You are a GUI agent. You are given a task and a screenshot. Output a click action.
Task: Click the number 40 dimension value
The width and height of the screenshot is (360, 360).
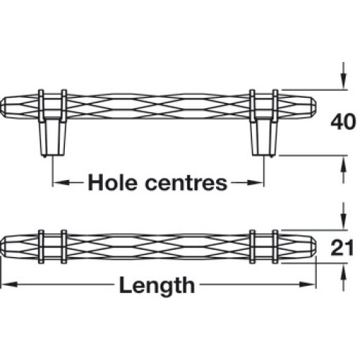point(343,122)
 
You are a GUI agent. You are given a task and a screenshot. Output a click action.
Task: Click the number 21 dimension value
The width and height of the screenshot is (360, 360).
point(342,247)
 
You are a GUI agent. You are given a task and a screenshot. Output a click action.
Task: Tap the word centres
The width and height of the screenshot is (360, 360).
point(186,184)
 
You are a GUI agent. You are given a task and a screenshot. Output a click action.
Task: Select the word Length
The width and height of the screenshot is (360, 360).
point(157,286)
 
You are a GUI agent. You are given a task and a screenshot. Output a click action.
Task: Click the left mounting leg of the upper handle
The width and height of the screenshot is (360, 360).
point(52,138)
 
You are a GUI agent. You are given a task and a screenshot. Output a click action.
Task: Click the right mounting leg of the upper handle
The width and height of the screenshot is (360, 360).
point(264,138)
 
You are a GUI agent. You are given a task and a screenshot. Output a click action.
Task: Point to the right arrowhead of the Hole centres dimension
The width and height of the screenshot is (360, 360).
point(256,183)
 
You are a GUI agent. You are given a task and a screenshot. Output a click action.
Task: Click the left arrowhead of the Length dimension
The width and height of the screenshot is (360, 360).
point(9,284)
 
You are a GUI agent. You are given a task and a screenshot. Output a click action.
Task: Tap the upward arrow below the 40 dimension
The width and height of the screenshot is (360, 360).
point(344,169)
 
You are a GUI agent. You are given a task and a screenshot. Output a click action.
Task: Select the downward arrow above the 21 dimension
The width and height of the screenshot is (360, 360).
point(344,216)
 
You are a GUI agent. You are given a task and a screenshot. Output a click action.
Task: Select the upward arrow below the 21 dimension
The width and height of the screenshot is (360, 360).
point(344,276)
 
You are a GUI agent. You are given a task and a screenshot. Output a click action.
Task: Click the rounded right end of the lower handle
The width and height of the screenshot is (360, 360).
point(311,247)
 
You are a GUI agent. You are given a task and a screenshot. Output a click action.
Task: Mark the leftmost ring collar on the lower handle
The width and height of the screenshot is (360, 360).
point(41,247)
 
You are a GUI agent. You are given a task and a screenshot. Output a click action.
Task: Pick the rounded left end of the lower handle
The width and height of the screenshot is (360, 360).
point(5,247)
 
